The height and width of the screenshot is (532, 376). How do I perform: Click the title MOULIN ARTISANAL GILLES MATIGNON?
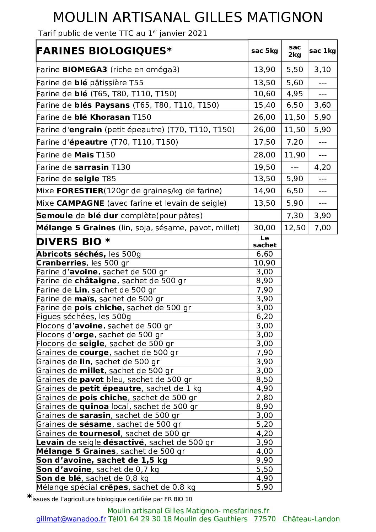tap(188, 17)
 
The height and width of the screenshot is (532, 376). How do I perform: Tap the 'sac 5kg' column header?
tap(264, 51)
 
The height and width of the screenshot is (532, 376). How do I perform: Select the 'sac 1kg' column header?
tap(322, 51)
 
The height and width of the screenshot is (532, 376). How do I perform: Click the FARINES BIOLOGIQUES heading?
tap(104, 51)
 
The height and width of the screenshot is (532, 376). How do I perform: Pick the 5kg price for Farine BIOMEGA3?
tap(264, 70)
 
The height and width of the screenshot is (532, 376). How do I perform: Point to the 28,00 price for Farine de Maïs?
tap(264, 155)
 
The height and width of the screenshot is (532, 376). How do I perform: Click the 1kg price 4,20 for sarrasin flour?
tap(322, 167)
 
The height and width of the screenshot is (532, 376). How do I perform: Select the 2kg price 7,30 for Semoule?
tap(295, 216)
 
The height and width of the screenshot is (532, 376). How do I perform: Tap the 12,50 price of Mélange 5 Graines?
tap(295, 228)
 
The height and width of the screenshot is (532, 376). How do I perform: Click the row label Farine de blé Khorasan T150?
tap(94, 117)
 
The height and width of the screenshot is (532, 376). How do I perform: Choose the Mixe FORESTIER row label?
tap(129, 191)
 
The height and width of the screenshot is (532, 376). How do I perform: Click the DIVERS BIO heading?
tap(73, 242)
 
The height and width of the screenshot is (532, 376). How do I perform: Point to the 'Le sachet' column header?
tap(264, 242)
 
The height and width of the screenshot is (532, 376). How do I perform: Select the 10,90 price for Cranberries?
tap(264, 263)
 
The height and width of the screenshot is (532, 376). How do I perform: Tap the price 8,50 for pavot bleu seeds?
tap(264, 380)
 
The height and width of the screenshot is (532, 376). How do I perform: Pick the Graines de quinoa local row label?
tap(117, 407)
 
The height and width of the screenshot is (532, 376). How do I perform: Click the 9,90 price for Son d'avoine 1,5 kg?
tap(264, 460)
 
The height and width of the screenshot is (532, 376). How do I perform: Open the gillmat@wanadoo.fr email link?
tap(71, 519)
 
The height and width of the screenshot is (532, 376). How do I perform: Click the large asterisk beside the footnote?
tap(29, 497)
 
